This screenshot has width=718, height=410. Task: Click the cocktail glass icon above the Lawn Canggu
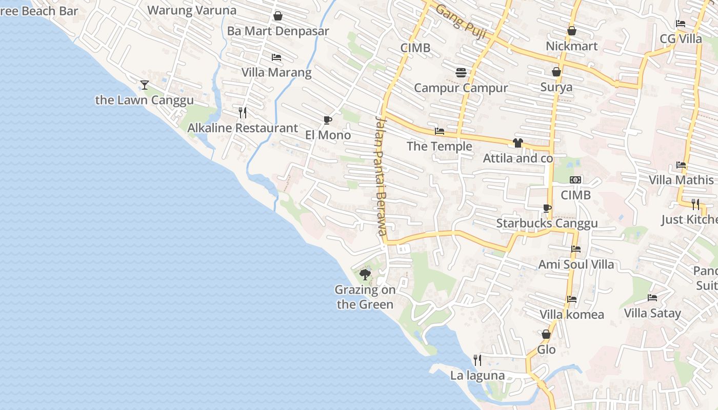(x=145, y=85)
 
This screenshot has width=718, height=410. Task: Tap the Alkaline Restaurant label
(x=242, y=128)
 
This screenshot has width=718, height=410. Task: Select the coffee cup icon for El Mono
(x=327, y=120)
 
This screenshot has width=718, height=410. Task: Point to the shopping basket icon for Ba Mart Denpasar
(x=277, y=16)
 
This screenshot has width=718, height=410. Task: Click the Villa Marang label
(x=276, y=72)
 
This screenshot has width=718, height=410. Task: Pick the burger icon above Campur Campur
(x=461, y=72)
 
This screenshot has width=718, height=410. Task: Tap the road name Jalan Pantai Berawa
(x=380, y=176)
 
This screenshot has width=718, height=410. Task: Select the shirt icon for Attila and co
(x=517, y=143)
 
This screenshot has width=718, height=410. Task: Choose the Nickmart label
(x=571, y=46)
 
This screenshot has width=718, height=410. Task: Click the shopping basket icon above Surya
(x=556, y=72)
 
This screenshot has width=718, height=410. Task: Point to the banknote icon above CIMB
(x=575, y=180)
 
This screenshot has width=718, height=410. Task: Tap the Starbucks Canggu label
(x=547, y=223)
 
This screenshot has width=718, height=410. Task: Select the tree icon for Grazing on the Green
(x=365, y=275)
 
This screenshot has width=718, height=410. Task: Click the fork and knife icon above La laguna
(x=477, y=360)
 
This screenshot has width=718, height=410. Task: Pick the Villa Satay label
(x=652, y=313)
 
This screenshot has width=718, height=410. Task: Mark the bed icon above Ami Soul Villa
(x=575, y=249)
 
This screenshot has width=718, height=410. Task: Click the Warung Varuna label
(x=192, y=10)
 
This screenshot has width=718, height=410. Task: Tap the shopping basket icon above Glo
(x=546, y=334)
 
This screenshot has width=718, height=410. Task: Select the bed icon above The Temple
(x=439, y=131)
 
